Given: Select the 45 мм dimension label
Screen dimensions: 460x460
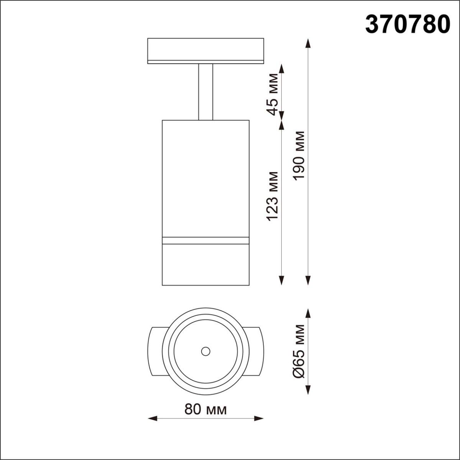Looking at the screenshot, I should coord(273,94).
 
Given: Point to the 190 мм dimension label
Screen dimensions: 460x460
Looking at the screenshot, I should coord(299,155).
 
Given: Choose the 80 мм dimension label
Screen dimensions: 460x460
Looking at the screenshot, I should coord(205,409).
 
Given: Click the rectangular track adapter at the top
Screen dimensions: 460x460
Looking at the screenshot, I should coord(205,50).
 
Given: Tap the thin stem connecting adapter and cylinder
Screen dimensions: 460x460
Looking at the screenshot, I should coord(205,92).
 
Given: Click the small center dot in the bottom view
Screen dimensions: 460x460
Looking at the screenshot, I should coord(205,351).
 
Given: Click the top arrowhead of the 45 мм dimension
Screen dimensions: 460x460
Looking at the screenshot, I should coord(282,68).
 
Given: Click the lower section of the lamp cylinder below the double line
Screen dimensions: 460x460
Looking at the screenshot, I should coord(205,264).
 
